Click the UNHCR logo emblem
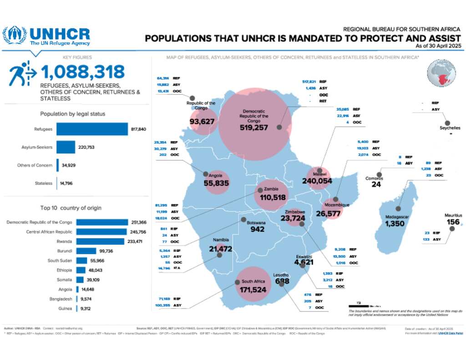pos(15,35)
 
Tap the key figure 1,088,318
pos(82,72)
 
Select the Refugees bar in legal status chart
pos(92,129)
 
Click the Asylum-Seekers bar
pos(66,147)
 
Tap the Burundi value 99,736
pos(108,251)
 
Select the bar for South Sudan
pos(81,260)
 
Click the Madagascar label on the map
pos(397,217)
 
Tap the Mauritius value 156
pos(453,223)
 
